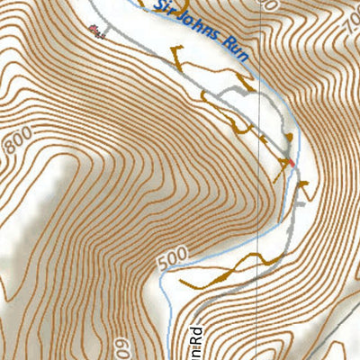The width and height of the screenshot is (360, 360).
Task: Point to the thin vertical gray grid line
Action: pyautogui.click(x=259, y=225)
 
